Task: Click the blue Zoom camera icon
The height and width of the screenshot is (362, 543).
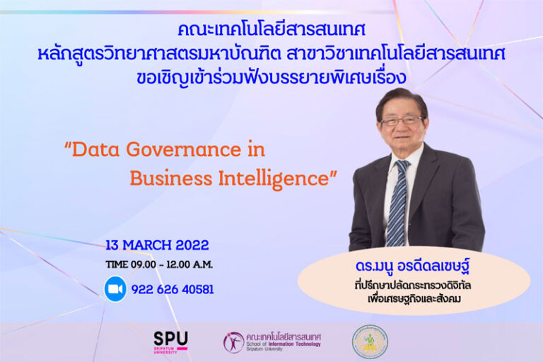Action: pyautogui.click(x=115, y=288)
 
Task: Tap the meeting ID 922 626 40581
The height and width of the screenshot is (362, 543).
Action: pyautogui.click(x=172, y=289)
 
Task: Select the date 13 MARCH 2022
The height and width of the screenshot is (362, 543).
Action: pyautogui.click(x=157, y=245)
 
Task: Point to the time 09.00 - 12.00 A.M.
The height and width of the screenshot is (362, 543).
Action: pyautogui.click(x=159, y=264)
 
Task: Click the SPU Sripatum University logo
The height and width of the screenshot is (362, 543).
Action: pyautogui.click(x=170, y=341)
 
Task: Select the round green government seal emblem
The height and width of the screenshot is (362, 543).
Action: pyautogui.click(x=370, y=341)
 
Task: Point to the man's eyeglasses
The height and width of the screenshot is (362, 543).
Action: pyautogui.click(x=400, y=121)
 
